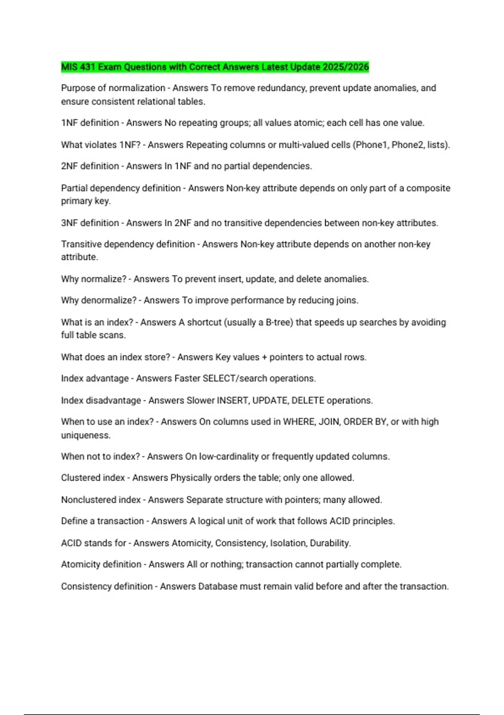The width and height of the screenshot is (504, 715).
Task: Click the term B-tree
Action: pyautogui.click(x=279, y=322)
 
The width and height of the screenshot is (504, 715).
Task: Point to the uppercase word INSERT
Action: pyautogui.click(x=232, y=400)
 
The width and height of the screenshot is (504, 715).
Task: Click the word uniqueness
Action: pyautogui.click(x=86, y=435)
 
